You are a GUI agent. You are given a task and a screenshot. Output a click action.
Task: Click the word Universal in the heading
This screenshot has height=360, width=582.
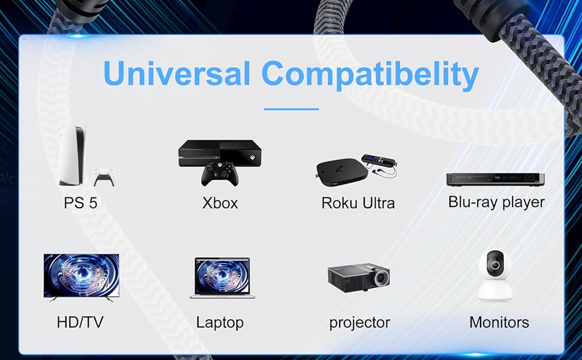176,73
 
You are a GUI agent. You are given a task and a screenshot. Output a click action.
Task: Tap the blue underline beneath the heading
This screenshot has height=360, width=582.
292,109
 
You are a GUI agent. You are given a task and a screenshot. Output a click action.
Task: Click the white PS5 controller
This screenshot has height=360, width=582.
104,178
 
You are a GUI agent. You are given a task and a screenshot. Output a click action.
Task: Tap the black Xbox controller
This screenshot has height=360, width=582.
220,173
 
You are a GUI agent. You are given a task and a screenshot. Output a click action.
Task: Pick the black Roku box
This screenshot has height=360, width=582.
337,170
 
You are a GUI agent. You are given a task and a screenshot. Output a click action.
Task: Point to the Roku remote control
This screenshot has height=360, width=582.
378,160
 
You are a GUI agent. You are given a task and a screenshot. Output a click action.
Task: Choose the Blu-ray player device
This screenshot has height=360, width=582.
496,179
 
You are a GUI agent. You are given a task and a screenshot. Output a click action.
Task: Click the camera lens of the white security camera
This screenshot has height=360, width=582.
495,265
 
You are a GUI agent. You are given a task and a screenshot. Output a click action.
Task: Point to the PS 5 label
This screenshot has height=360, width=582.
80,203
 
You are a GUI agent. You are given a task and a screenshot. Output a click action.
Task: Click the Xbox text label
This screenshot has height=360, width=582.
220,203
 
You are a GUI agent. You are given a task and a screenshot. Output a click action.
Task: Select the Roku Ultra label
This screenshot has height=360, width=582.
358,203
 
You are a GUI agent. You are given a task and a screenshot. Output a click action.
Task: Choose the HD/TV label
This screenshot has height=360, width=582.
80,322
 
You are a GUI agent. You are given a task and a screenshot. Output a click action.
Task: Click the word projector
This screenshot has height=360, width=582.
359,323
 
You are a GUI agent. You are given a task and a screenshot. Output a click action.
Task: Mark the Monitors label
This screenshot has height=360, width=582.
499,322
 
